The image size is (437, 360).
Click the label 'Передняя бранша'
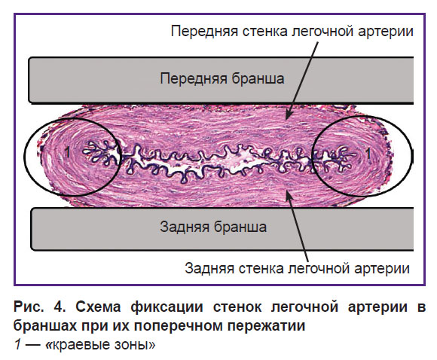click(222, 78)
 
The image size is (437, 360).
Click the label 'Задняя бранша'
click(213, 227)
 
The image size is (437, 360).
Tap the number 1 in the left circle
click(67, 152)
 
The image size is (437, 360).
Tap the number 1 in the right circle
click(368, 154)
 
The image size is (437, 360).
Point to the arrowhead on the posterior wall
click(289, 196)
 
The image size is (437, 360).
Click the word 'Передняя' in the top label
click(204, 31)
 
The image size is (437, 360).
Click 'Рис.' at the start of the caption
click(29, 307)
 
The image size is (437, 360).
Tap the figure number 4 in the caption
click(60, 307)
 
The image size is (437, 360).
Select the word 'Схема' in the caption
click(98, 307)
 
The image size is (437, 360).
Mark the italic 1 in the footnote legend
click(18, 344)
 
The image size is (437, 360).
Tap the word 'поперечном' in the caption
click(179, 325)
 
